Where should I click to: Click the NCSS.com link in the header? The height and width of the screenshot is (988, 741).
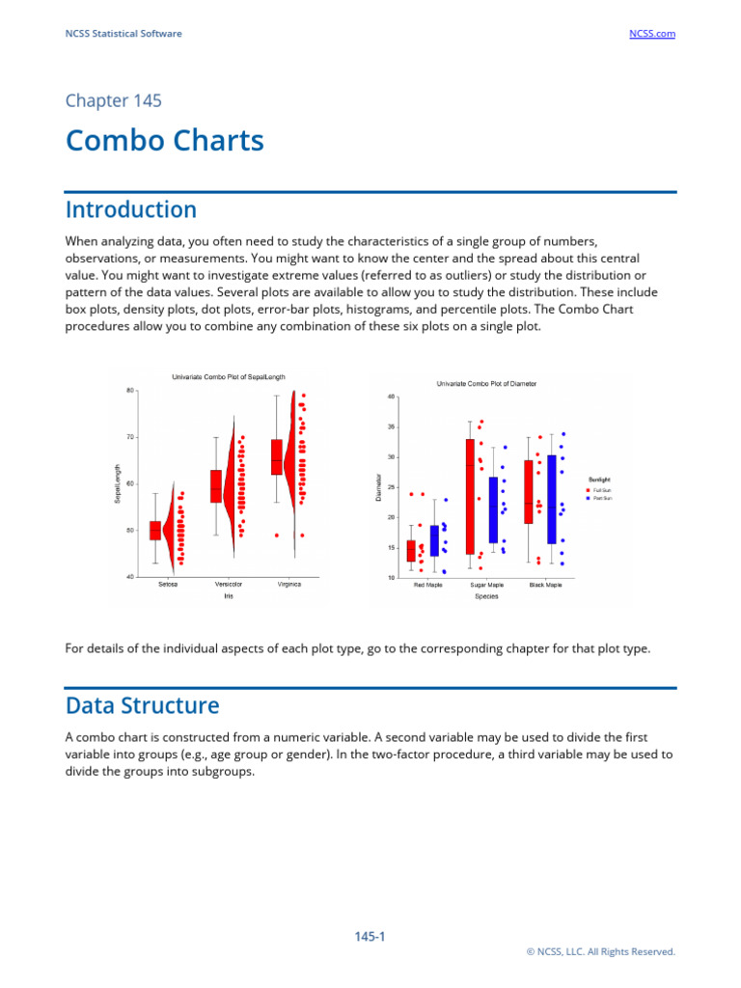651,34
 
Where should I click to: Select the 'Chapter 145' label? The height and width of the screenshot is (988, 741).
113,100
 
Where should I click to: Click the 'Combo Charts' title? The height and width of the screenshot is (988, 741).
164,141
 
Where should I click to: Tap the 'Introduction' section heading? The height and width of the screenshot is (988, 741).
130,209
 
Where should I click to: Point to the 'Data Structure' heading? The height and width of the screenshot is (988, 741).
142,705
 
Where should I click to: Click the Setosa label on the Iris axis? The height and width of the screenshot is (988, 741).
167,584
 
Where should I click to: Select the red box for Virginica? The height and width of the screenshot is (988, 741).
277,456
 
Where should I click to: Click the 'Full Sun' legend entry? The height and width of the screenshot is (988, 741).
601,490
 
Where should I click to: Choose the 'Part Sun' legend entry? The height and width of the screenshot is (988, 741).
601,498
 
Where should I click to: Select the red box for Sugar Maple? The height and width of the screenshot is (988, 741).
470,496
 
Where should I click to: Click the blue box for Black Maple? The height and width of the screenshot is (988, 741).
552,499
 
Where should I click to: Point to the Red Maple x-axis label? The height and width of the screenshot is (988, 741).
427,585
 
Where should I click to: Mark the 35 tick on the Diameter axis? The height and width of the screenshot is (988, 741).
391,426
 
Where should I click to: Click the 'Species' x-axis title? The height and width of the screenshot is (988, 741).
486,596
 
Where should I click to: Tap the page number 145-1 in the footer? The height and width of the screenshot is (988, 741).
370,936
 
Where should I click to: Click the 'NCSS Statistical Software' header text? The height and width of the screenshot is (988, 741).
123,34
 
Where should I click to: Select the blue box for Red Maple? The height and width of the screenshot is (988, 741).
434,540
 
